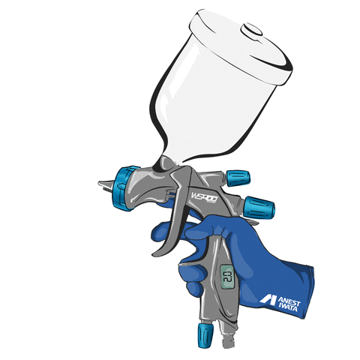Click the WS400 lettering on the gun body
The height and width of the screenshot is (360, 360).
click(x=204, y=197)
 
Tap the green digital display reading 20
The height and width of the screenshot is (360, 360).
click(x=227, y=277)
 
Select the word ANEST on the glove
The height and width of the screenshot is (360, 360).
click(x=289, y=301)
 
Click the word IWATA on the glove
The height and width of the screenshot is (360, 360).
click(x=288, y=307)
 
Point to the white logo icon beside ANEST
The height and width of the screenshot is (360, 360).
click(x=268, y=299)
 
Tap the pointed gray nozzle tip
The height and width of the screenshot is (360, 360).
click(x=105, y=185)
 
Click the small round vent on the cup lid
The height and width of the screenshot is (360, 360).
click(x=251, y=29)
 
